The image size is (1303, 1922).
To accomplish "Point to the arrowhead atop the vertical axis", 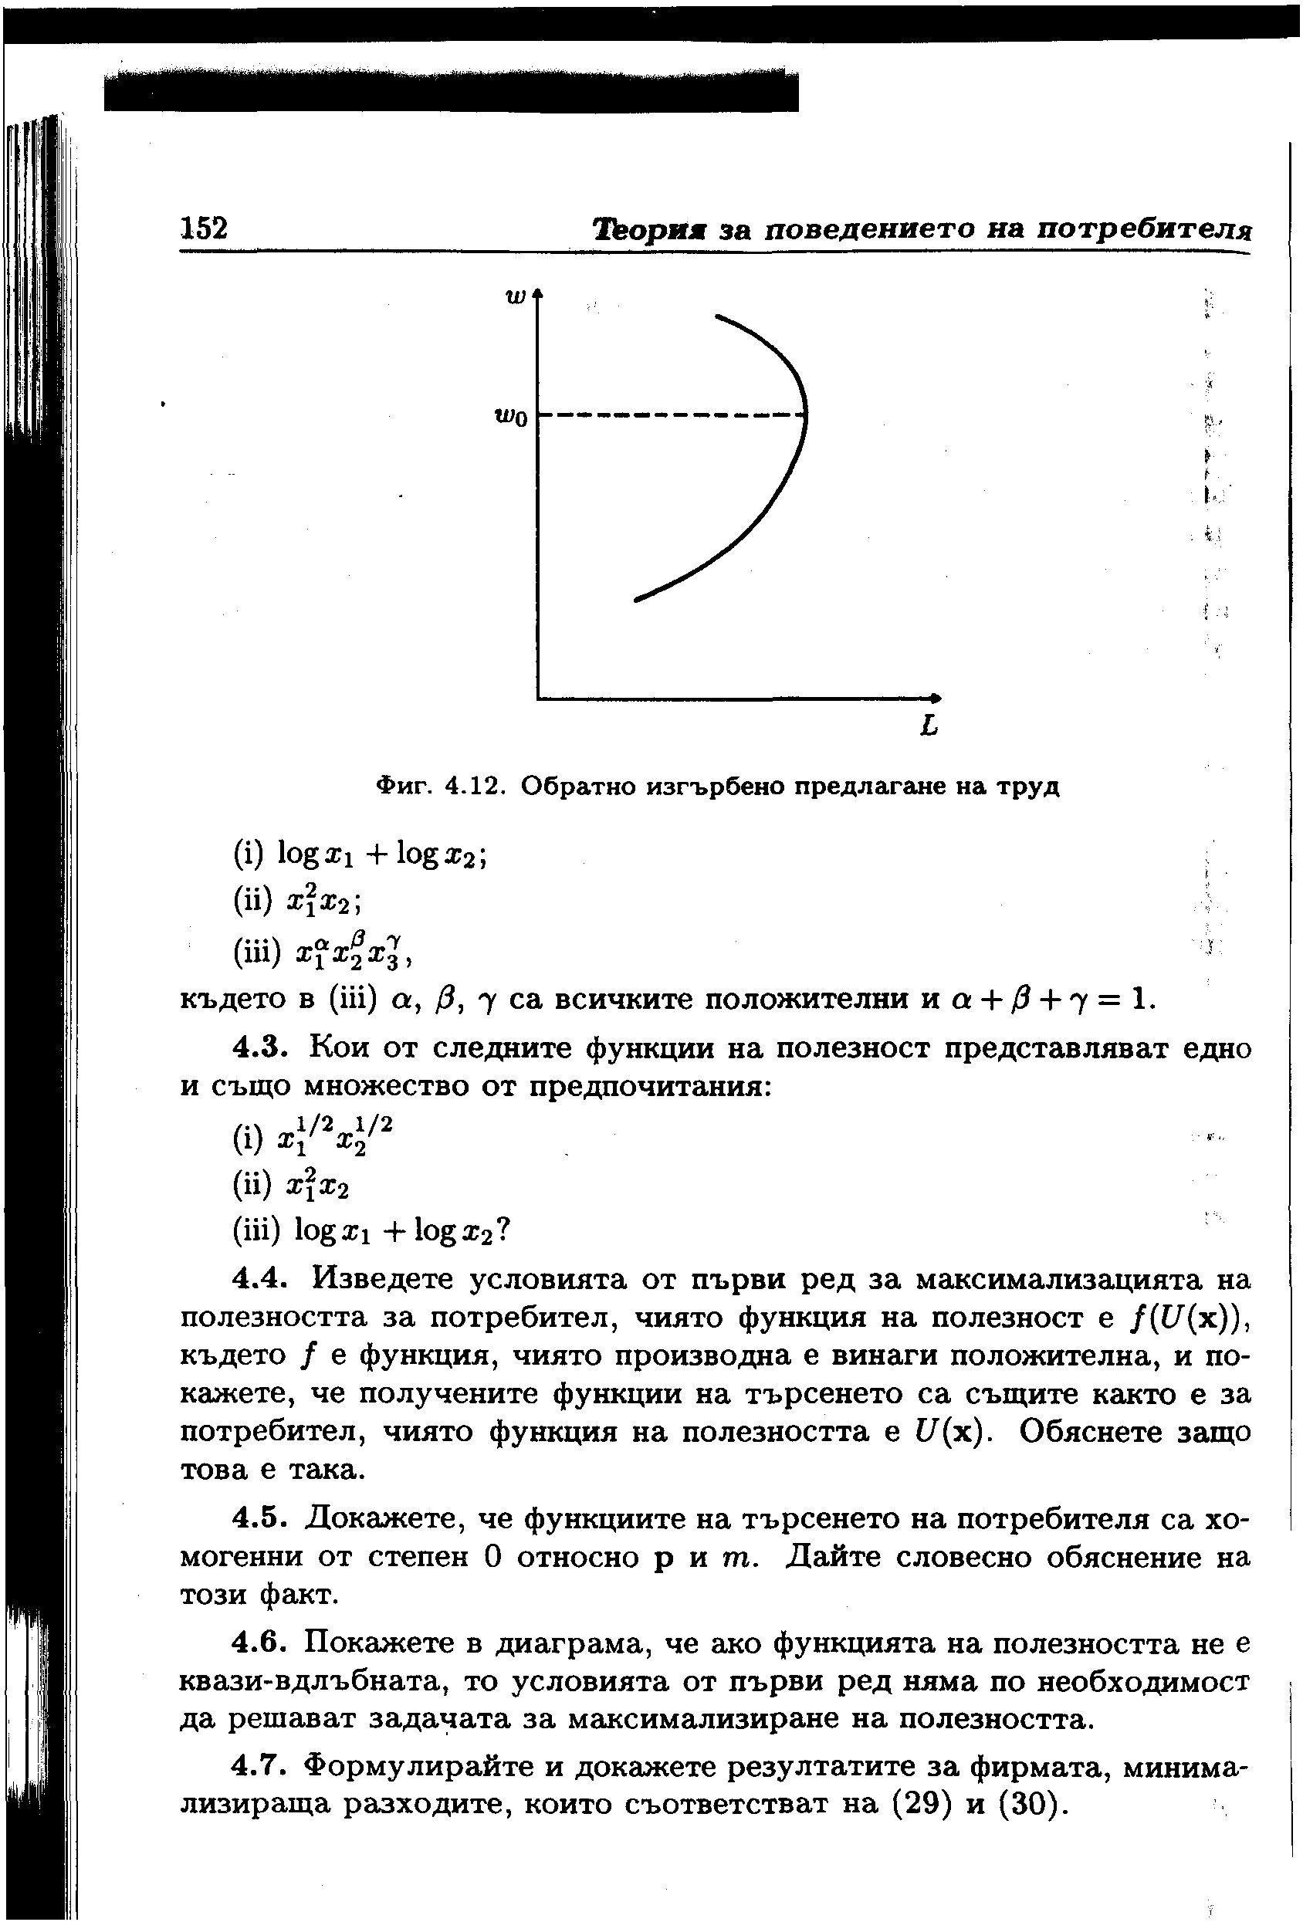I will pyautogui.click(x=538, y=293).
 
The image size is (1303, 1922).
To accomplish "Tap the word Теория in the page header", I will pyautogui.click(x=650, y=228).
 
